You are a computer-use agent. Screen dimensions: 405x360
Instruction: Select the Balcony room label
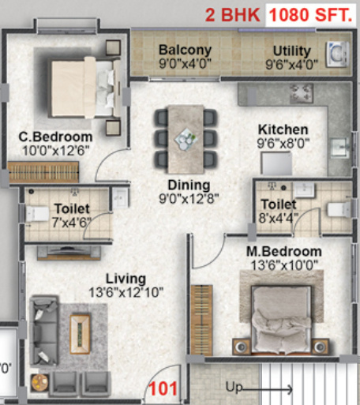[184, 51]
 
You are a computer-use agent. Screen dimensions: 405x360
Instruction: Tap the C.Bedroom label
[56, 137]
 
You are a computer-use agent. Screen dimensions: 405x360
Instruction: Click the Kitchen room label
[283, 129]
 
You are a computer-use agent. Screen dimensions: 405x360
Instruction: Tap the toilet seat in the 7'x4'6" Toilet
[36, 213]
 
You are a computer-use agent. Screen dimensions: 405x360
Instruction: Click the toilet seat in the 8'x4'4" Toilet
[337, 210]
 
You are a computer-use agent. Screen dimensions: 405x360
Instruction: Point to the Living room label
[126, 279]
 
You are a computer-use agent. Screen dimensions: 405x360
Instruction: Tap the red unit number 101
[163, 388]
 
